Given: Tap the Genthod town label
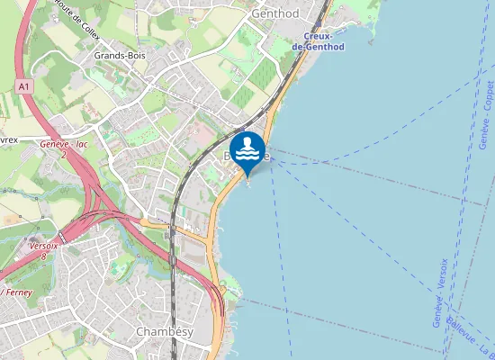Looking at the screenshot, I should pyautogui.click(x=275, y=14).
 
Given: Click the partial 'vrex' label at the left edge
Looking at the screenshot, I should pyautogui.click(x=9, y=139).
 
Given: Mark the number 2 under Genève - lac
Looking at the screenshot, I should pyautogui.click(x=63, y=155).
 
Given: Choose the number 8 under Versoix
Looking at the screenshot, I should pyautogui.click(x=43, y=256).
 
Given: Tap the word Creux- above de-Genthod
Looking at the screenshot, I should pyautogui.click(x=319, y=36).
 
